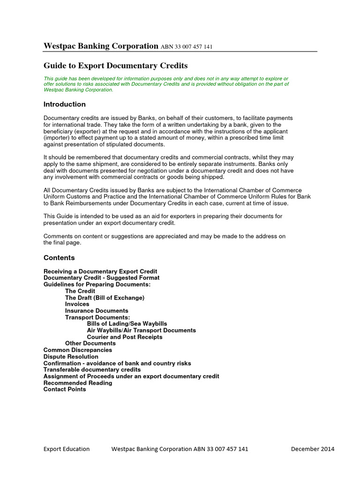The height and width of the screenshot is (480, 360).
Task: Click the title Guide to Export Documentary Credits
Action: pyautogui.click(x=115, y=66)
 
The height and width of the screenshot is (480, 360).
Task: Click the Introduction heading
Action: pyautogui.click(x=65, y=104)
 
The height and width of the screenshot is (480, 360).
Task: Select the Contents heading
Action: pyautogui.click(x=59, y=258)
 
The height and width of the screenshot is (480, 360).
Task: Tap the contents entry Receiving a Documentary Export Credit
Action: pyautogui.click(x=100, y=271)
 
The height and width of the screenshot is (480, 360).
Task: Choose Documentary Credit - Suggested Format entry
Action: pyautogui.click(x=101, y=278)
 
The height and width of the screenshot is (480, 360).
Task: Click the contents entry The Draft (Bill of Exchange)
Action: pyautogui.click(x=105, y=298)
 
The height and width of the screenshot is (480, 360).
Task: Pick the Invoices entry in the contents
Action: pyautogui.click(x=77, y=304)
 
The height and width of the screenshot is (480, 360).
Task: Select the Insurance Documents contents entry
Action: pyautogui.click(x=97, y=311)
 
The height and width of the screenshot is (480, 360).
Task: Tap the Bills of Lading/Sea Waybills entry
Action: pyautogui.click(x=127, y=324)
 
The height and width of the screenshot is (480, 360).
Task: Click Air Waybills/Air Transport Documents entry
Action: pyautogui.click(x=142, y=330)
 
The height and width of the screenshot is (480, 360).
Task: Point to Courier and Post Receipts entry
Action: pyautogui.click(x=125, y=337)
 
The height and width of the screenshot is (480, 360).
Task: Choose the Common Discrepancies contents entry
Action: pyautogui.click(x=78, y=350)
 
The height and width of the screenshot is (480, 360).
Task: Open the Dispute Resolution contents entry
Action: pyautogui.click(x=71, y=357)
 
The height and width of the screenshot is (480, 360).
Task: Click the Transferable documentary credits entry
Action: pyautogui.click(x=92, y=370)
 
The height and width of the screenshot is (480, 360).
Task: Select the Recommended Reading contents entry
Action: pyautogui.click(x=78, y=383)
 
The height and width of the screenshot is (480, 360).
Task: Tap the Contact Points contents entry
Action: pyautogui.click(x=65, y=390)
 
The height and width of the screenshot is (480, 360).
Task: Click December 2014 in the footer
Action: pyautogui.click(x=313, y=449)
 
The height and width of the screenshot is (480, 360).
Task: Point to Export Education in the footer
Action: pyautogui.click(x=67, y=449)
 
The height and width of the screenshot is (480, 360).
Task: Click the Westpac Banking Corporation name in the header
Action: pyautogui.click(x=101, y=46)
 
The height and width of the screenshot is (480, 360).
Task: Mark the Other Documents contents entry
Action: pyautogui.click(x=90, y=344)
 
